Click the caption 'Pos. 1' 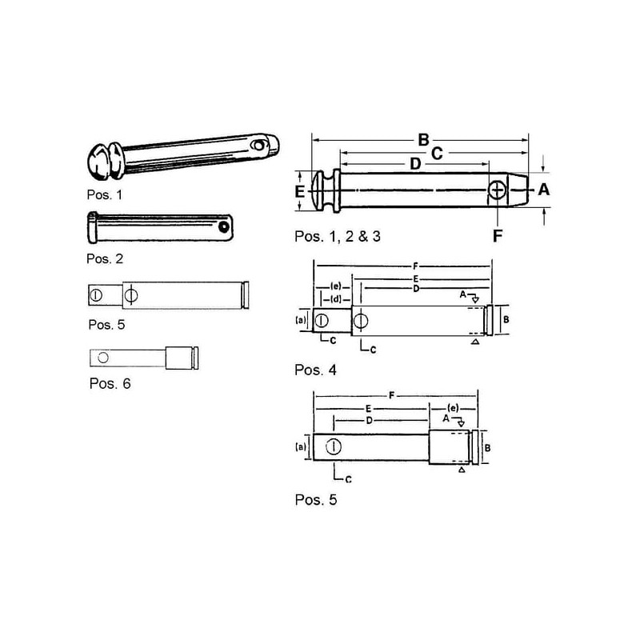click(105, 194)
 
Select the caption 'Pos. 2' click(105, 258)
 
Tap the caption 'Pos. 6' click(110, 384)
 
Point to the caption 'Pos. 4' click(315, 370)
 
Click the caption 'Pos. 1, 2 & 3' click(338, 236)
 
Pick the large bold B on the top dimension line click(424, 140)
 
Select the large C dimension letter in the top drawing click(437, 154)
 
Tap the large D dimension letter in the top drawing click(415, 164)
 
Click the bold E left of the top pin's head click(299, 191)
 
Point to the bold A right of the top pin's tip click(544, 190)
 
